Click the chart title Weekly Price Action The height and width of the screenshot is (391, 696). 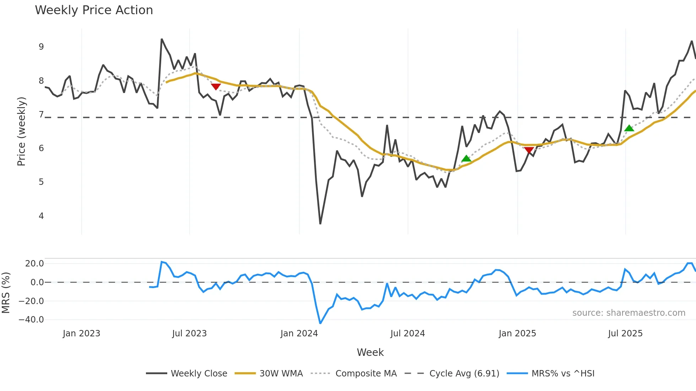[94, 10]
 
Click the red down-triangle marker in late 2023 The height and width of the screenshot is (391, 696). [216, 87]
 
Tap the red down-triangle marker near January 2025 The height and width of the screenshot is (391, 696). [529, 150]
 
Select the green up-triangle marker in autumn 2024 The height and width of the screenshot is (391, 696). [466, 159]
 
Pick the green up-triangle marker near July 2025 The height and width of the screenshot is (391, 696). [629, 128]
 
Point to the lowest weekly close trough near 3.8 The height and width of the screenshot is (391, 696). [320, 224]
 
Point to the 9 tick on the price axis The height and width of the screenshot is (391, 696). [41, 47]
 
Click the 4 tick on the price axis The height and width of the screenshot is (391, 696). [41, 216]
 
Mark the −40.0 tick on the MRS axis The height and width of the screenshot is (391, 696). [31, 319]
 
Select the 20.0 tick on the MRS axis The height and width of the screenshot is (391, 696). [34, 263]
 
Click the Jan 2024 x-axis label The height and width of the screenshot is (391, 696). [299, 334]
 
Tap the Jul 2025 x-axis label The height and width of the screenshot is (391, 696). [625, 334]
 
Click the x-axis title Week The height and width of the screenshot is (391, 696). [370, 352]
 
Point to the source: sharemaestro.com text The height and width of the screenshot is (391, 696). [629, 313]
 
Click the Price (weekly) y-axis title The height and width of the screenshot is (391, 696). [21, 131]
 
